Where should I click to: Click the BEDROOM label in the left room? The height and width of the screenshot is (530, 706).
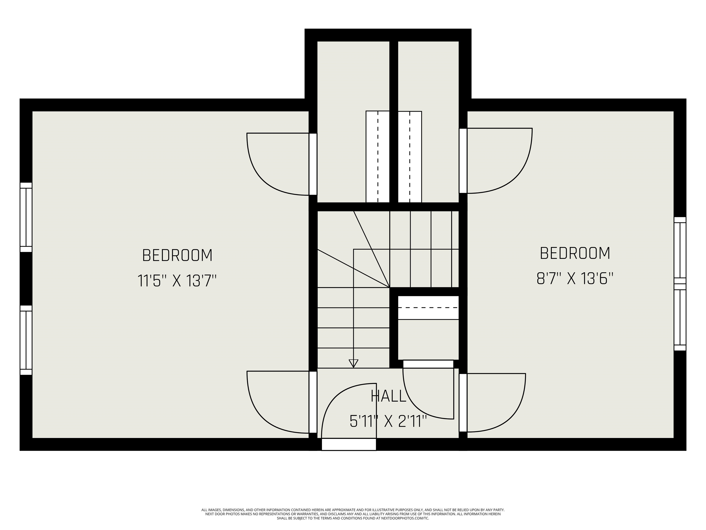click(x=177, y=255)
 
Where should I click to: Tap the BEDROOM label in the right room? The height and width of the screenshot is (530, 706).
click(x=575, y=253)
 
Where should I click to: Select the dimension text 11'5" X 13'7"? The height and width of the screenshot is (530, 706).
click(x=177, y=281)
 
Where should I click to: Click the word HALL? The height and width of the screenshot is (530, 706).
click(x=388, y=396)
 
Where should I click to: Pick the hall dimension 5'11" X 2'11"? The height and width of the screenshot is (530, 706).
click(x=388, y=421)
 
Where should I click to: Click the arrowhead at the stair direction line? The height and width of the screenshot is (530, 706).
click(x=353, y=363)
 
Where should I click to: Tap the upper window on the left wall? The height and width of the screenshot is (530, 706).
click(x=26, y=217)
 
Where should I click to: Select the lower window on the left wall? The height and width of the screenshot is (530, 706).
click(x=26, y=340)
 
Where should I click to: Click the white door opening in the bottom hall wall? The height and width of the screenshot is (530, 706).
click(x=349, y=444)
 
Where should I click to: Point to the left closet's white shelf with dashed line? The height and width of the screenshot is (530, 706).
click(x=378, y=157)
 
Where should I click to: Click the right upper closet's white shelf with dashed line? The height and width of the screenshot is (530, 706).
click(x=410, y=157)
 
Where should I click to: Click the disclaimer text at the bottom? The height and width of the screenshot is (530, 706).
click(x=353, y=514)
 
